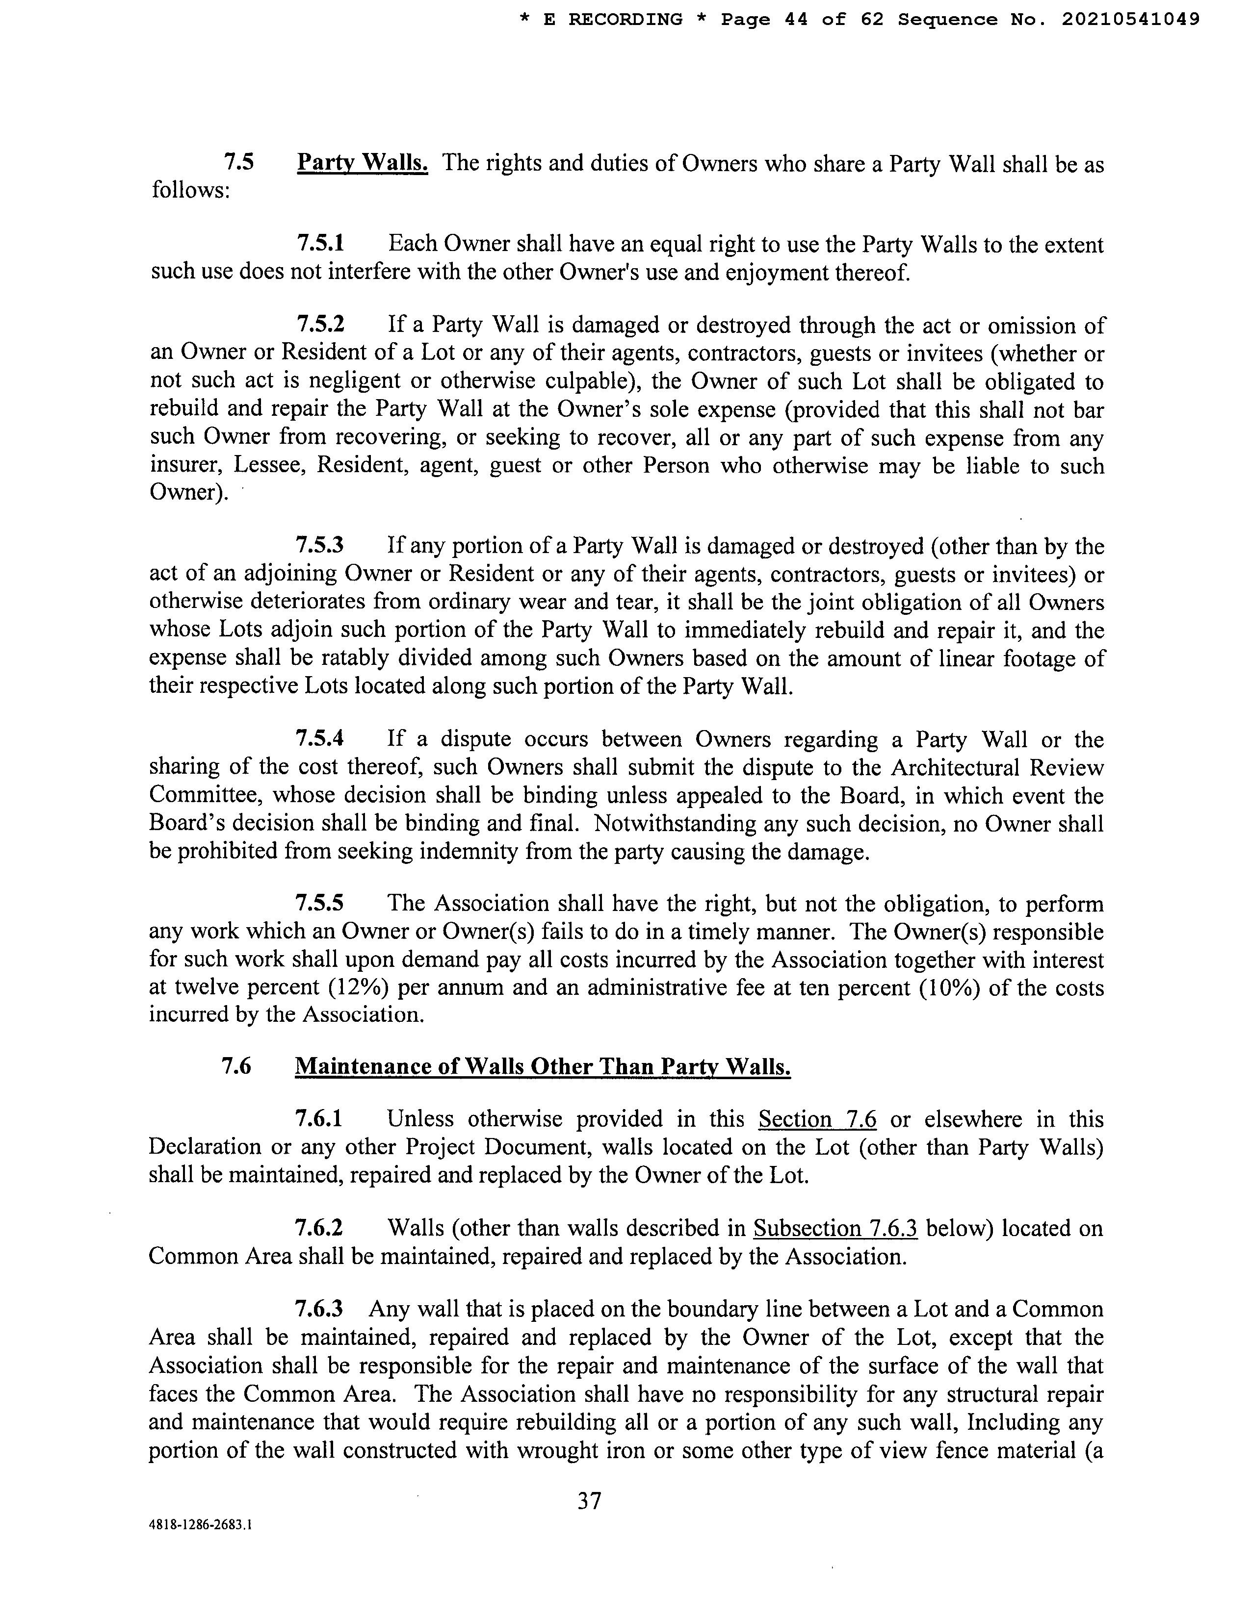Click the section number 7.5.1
(x=320, y=244)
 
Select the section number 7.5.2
(x=320, y=325)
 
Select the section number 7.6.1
(x=319, y=1119)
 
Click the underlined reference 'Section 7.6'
(x=817, y=1119)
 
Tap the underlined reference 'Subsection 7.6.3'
(x=835, y=1228)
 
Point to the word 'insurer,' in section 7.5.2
(x=185, y=466)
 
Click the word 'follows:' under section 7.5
(x=190, y=190)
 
